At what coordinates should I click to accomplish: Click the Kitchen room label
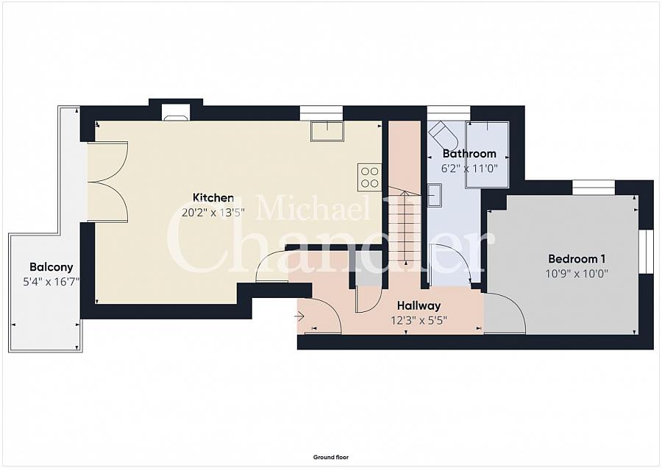coord(213,197)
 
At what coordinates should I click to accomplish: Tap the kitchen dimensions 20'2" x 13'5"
coord(213,213)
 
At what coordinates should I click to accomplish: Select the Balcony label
coord(51,267)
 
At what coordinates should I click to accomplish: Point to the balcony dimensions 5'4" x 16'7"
coord(51,282)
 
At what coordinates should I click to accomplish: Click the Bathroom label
coord(469,153)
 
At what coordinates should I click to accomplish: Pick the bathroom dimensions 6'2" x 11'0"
coord(469,169)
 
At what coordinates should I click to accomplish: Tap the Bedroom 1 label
coord(576,258)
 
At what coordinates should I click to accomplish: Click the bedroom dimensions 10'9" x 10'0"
coord(576,274)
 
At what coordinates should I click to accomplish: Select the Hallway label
coord(419,305)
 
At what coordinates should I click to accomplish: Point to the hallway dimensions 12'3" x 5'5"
coord(419,321)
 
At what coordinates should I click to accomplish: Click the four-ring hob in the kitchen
coord(369,177)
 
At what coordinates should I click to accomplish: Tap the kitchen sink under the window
coord(327,131)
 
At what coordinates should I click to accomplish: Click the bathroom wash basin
coord(435,195)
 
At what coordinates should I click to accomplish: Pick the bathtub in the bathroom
coord(487,155)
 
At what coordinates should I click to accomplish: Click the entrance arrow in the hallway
coord(299,316)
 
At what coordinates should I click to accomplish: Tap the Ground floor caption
coord(331,457)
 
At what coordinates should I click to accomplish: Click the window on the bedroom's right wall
coord(646,252)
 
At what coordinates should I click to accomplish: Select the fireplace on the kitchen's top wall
coord(177,113)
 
